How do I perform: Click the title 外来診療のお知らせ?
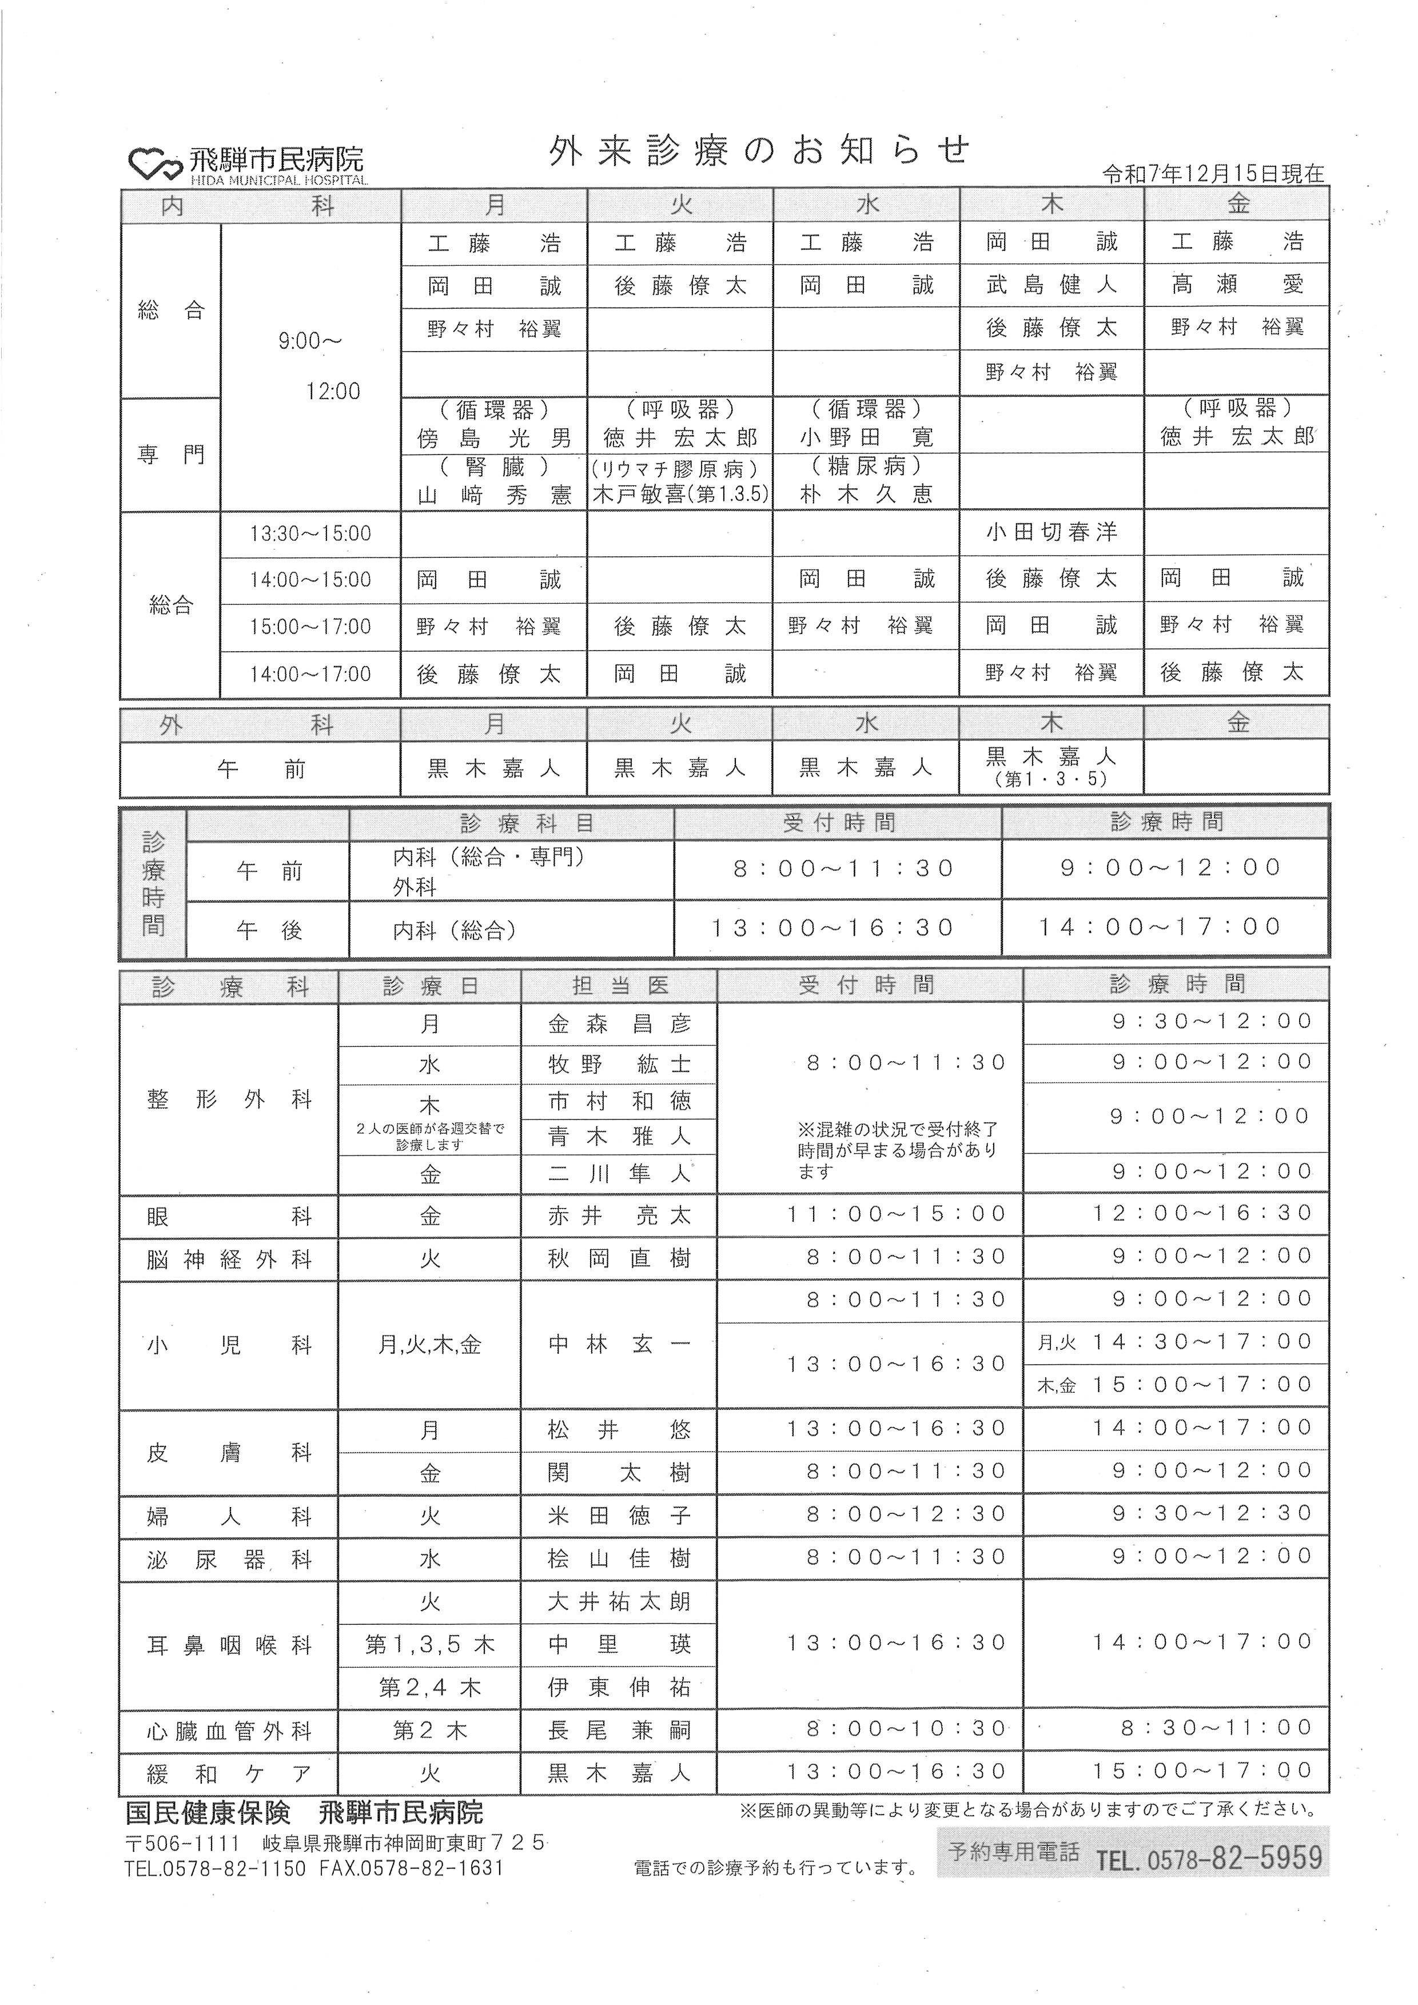758,151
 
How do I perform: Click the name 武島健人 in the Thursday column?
1051,285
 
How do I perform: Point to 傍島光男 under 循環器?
494,437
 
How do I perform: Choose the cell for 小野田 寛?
866,437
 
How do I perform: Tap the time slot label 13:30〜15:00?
310,533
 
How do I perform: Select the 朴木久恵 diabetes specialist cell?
866,493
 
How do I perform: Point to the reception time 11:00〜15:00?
897,1214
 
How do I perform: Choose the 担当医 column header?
619,986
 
